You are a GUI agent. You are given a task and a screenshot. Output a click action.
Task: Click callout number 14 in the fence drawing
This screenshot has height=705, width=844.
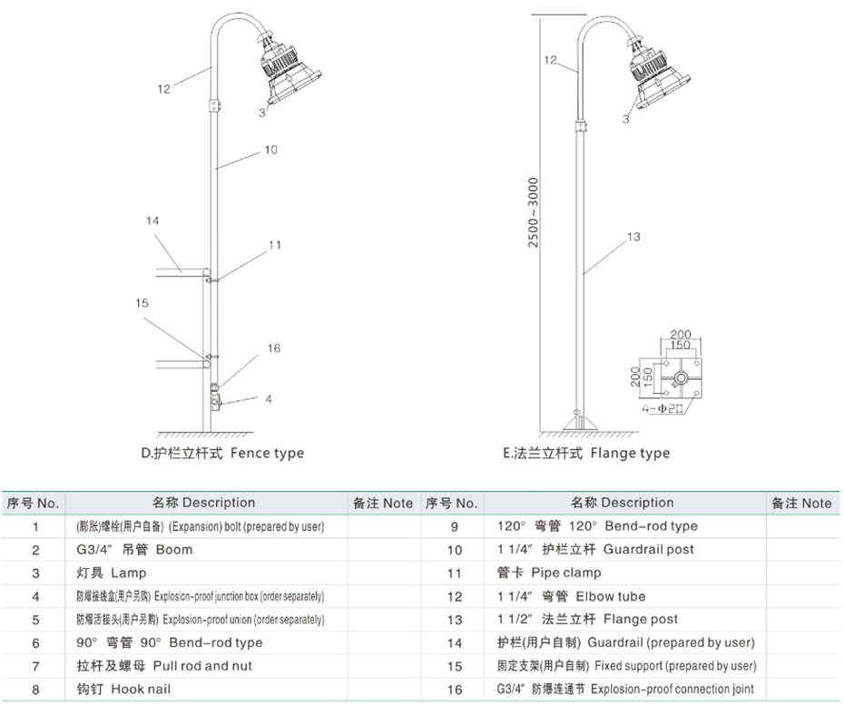[152, 220]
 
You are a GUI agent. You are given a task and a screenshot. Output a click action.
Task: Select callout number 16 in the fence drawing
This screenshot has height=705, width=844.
[274, 348]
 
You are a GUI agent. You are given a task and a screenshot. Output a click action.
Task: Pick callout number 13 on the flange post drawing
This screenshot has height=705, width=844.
[633, 237]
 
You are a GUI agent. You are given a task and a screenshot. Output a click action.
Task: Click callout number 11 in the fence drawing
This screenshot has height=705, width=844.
[275, 245]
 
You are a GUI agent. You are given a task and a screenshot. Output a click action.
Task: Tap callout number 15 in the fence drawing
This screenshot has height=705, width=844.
[142, 303]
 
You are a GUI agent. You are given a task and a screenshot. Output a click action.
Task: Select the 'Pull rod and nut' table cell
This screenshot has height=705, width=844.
[164, 666]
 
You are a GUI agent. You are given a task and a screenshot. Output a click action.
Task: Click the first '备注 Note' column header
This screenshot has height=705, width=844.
[382, 503]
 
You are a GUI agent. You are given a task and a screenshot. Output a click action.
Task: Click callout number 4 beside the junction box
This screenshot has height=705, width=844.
[269, 398]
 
